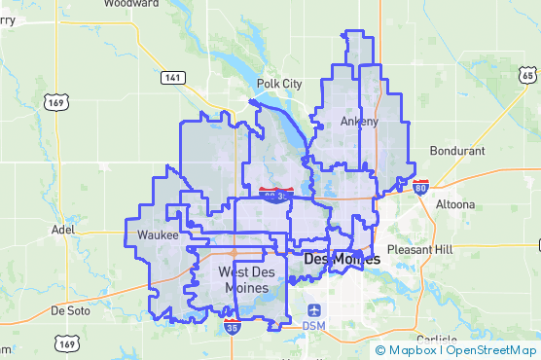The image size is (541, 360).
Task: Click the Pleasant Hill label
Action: tap(419, 250)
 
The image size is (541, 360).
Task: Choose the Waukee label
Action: tap(158, 236)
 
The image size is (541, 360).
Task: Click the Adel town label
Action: tap(62, 231)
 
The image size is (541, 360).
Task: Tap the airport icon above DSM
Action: tap(313, 307)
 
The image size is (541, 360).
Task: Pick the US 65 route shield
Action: tap(527, 76)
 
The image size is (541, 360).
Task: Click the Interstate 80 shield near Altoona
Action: tap(420, 187)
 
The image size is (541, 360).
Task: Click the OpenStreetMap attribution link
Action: tap(491, 350)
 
